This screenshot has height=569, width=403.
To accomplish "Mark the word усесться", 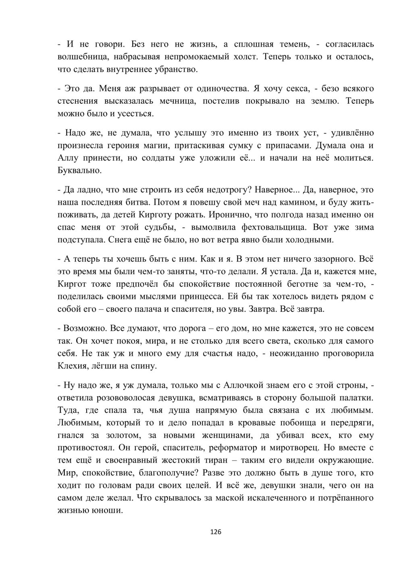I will point(135,113).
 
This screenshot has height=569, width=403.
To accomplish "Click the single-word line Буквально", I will point(79,170).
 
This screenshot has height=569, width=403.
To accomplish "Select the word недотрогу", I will point(216,189).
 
